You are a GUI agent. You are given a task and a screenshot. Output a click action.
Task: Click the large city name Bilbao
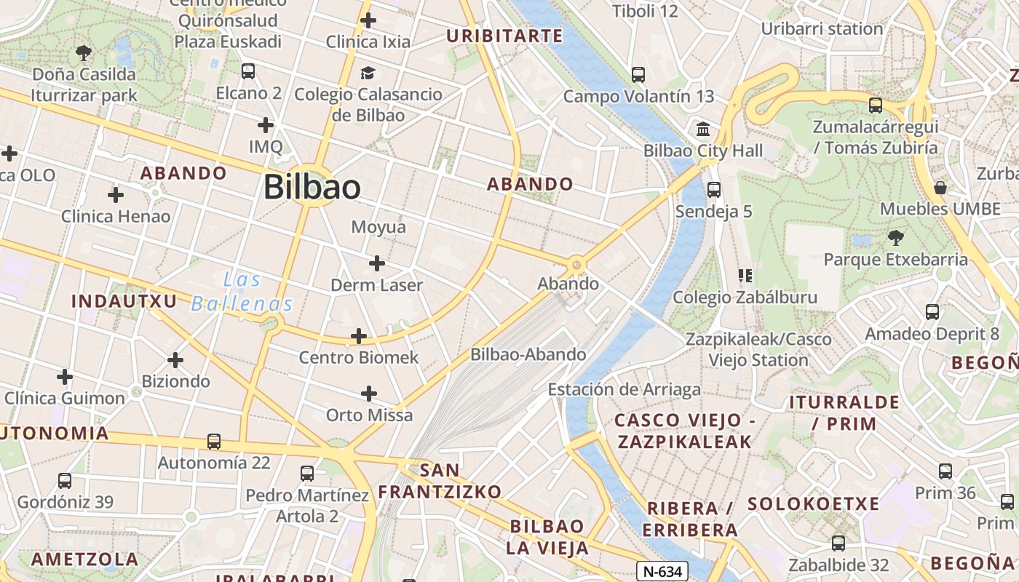(312, 187)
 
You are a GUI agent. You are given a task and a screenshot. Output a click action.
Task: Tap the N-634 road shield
(662, 571)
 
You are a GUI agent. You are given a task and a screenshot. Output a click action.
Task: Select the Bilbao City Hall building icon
(703, 129)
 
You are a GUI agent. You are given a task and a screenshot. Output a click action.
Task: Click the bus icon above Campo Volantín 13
(638, 74)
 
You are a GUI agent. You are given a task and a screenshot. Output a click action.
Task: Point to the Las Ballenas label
(242, 292)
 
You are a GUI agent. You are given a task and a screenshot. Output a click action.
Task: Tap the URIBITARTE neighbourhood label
(504, 36)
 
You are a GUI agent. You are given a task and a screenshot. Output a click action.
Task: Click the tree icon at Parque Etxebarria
(895, 238)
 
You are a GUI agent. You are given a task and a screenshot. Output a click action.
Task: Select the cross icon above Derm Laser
(376, 263)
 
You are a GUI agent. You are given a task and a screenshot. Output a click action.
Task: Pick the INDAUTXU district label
(124, 300)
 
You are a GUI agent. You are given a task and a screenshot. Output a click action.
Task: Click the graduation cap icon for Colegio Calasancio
(368, 73)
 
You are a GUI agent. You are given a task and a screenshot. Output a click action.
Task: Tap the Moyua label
(378, 227)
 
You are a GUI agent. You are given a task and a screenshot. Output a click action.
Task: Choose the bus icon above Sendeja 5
(713, 190)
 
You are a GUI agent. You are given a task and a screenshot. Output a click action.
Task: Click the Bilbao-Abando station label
(528, 354)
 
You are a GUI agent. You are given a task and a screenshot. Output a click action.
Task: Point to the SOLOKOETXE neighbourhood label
(813, 503)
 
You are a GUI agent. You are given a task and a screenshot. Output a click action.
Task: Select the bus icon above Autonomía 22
(213, 441)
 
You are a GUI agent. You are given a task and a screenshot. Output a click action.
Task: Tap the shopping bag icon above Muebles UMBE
(940, 188)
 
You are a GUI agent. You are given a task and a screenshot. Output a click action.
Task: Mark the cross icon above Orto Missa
(369, 394)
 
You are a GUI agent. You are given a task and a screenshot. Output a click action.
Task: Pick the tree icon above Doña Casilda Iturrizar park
(84, 52)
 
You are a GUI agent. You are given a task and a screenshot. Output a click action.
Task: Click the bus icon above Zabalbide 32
(838, 543)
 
